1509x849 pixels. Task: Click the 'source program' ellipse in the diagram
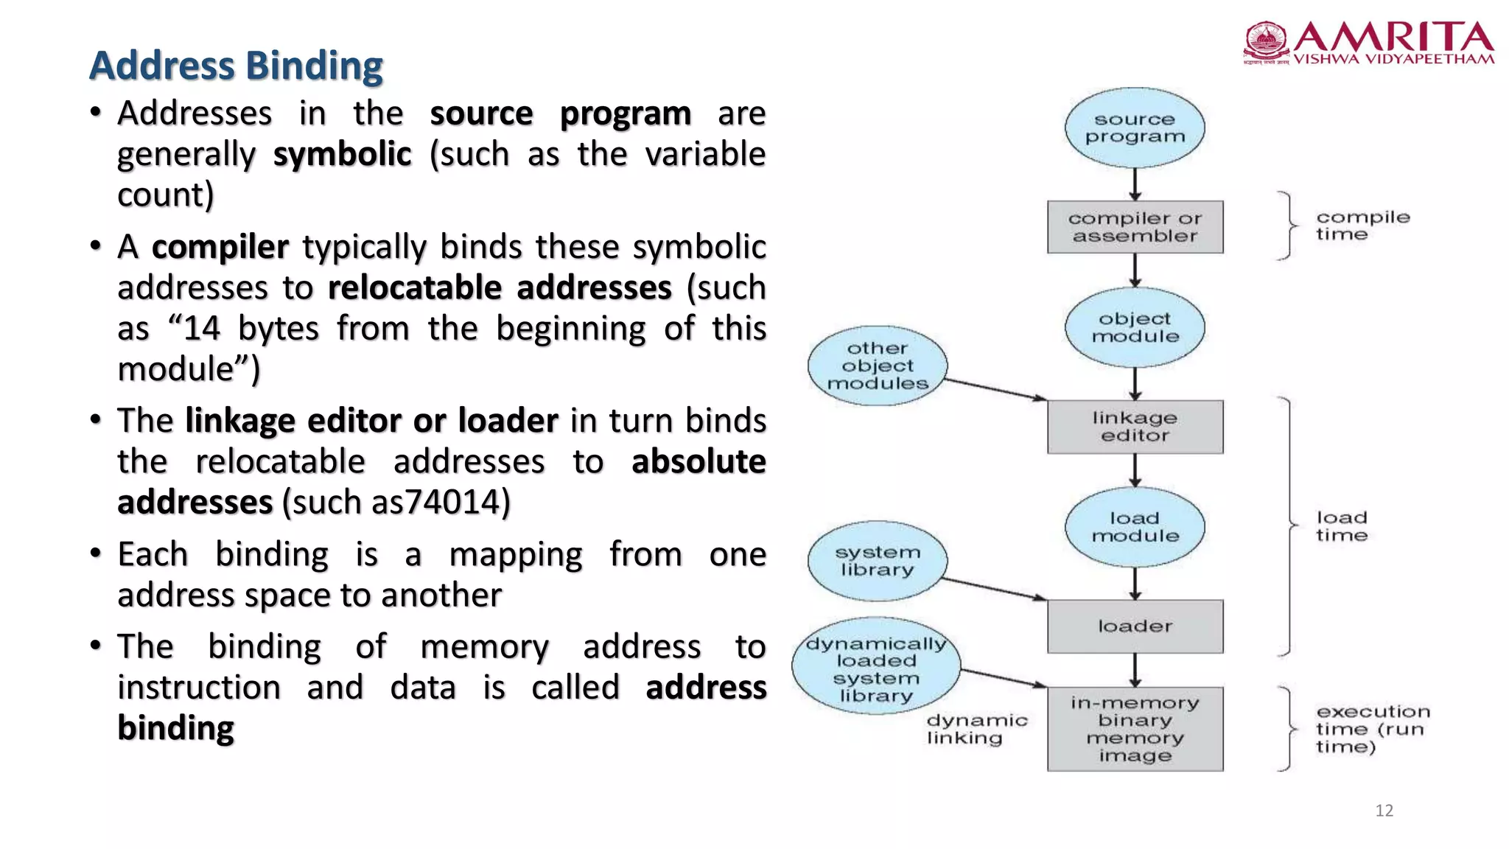pos(1135,127)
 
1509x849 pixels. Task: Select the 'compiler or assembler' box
pos(1135,227)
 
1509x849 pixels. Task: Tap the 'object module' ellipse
pos(1135,327)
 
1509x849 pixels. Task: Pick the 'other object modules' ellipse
pos(877,366)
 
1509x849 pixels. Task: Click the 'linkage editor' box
pos(1135,427)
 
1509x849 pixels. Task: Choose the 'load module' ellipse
pos(1135,527)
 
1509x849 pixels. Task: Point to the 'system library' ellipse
pos(877,561)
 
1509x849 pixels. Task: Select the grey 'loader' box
pos(1135,626)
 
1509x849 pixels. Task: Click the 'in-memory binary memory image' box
pos(1135,729)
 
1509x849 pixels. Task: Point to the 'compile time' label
pos(1362,226)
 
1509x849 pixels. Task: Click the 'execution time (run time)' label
pos(1373,729)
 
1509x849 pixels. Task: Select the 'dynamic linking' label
pos(976,729)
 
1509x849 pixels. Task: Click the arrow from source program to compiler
pos(1135,184)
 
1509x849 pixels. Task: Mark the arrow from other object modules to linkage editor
pos(995,389)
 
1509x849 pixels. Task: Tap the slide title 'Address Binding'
pos(236,66)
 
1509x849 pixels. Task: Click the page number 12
pos(1384,811)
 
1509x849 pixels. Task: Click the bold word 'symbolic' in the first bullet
pos(342,155)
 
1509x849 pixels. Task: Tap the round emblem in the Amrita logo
pos(1266,41)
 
